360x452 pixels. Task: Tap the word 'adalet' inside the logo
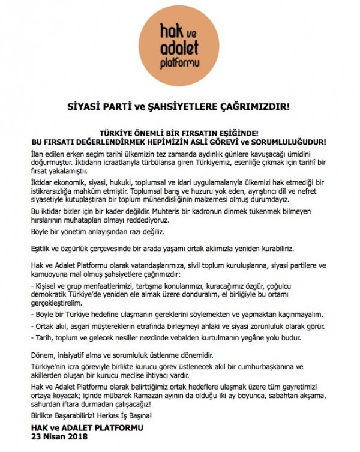point(179,47)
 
